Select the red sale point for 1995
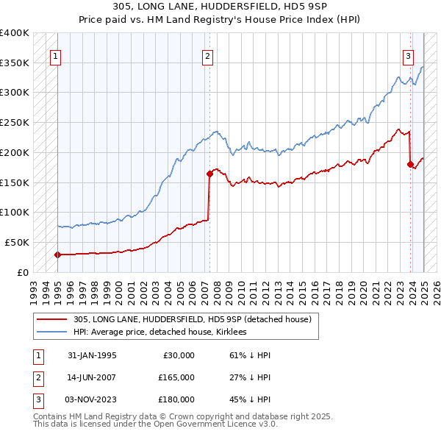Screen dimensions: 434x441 click(57, 255)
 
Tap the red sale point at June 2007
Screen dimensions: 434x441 click(209, 174)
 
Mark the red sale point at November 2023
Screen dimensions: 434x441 click(410, 165)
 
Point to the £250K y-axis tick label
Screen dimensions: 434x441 click(14, 122)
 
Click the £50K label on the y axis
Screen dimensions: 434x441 click(17, 242)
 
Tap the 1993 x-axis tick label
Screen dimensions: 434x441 click(35, 292)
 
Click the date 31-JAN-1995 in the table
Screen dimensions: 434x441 click(92, 355)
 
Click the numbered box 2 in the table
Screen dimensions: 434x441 click(37, 377)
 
